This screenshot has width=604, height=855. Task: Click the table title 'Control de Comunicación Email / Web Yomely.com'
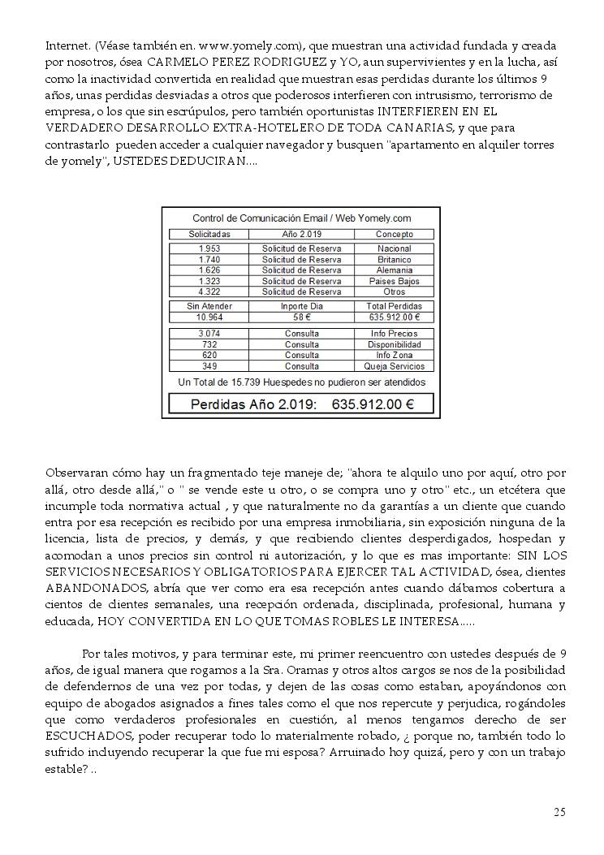(301, 218)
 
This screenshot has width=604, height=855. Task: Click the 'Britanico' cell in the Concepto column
(395, 260)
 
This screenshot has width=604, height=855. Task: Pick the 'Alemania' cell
(395, 270)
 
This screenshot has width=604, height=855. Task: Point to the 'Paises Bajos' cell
(395, 281)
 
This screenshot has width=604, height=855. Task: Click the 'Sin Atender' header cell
(209, 306)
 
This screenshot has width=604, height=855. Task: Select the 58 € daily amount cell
(302, 317)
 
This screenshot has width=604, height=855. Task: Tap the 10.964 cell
(209, 317)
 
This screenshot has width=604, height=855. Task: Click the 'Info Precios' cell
(395, 334)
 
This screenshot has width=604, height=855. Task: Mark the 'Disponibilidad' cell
(395, 344)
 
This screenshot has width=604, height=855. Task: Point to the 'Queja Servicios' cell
(395, 366)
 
